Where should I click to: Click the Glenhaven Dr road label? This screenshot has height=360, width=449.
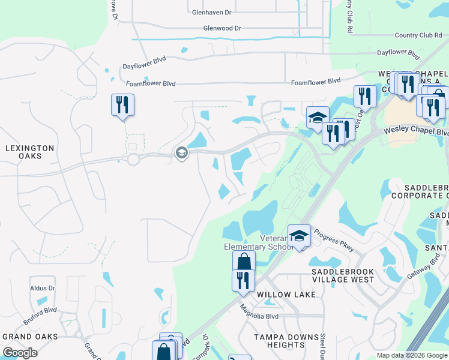211,12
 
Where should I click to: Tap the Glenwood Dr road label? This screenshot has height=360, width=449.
221,28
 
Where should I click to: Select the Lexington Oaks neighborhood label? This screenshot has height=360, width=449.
30,152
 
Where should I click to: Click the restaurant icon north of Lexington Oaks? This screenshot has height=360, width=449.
122,105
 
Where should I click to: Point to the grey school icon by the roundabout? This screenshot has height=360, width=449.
181,154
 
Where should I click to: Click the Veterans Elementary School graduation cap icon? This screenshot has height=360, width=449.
299,236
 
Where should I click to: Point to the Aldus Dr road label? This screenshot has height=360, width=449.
42,289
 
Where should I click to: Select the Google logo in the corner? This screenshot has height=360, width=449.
20,352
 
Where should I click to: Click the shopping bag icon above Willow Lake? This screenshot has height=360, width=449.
244,262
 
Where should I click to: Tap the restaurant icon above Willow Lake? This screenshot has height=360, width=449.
243,280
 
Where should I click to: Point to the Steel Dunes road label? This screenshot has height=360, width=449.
322,344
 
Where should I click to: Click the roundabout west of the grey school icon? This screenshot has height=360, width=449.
133,159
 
